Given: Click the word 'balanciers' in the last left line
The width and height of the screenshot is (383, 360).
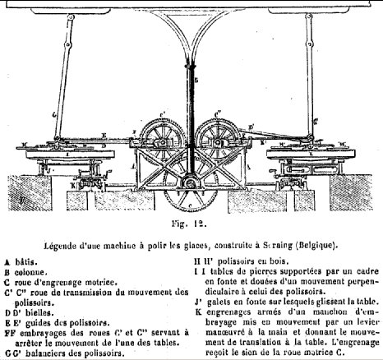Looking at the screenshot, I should point(48,354).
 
